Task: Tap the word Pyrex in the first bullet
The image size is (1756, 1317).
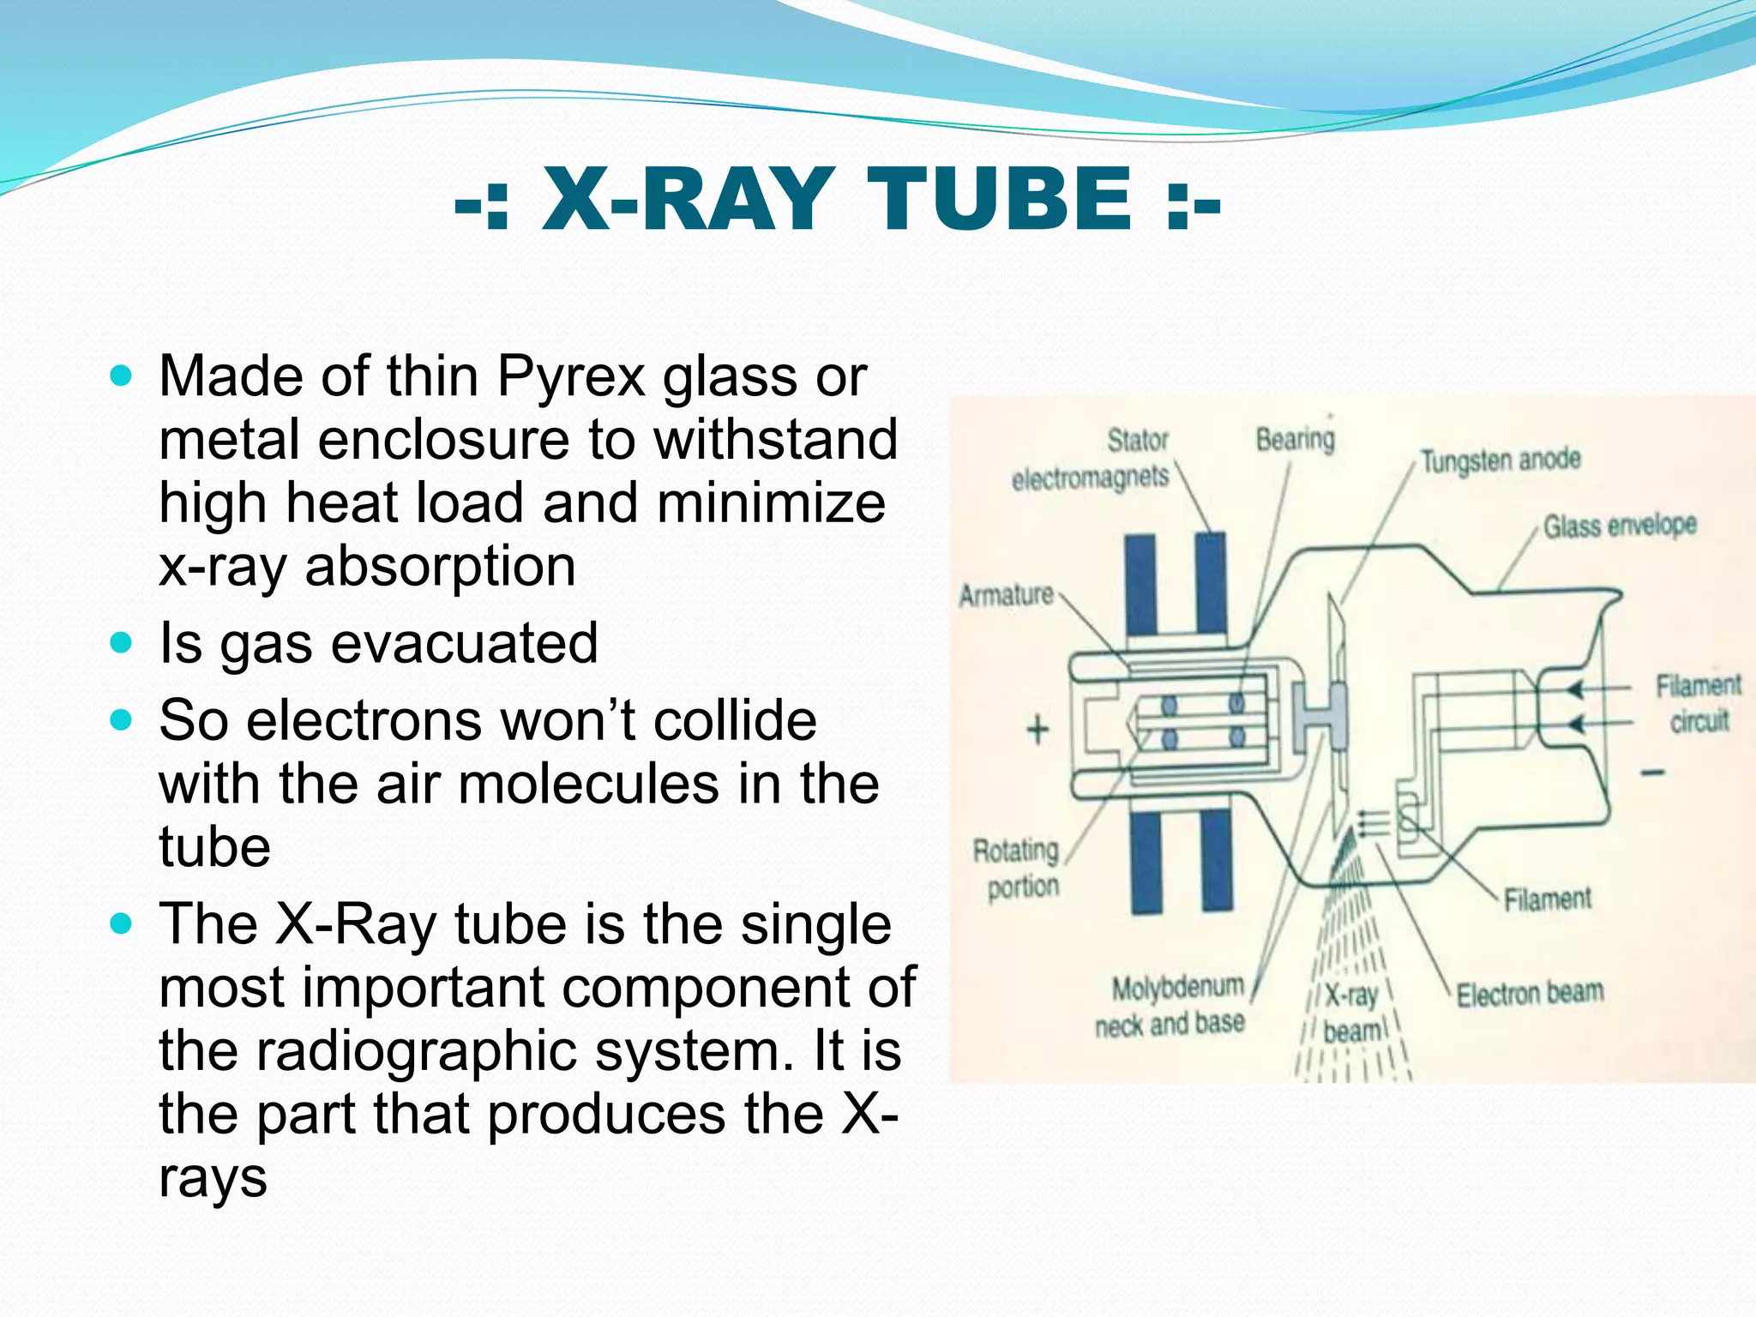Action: click(570, 377)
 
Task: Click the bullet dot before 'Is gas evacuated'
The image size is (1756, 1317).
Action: click(122, 642)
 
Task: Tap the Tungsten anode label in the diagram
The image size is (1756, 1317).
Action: click(1500, 460)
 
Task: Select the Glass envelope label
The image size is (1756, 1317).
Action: click(1619, 526)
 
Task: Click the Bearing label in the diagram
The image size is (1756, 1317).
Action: click(1295, 439)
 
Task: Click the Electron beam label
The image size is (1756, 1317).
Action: click(1530, 993)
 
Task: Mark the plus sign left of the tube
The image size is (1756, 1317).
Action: click(1037, 730)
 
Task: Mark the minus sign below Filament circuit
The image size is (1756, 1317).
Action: click(1652, 773)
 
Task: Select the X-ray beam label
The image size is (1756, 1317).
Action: click(1351, 1013)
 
